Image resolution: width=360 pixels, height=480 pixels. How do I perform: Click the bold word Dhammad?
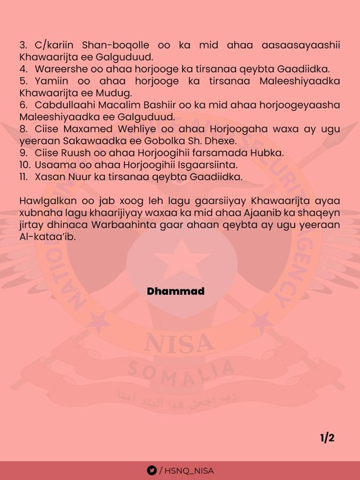(176, 291)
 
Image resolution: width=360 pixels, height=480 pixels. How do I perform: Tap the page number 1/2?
(327, 438)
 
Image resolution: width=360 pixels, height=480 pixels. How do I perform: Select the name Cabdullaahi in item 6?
(69, 105)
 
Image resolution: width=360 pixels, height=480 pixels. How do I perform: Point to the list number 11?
(23, 176)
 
